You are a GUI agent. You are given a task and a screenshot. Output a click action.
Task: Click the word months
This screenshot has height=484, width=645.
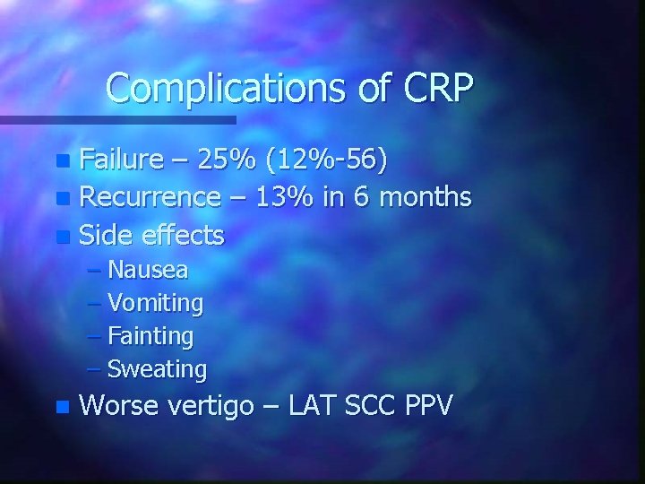[x=426, y=197]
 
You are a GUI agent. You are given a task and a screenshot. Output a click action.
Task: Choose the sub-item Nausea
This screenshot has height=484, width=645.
[x=148, y=270]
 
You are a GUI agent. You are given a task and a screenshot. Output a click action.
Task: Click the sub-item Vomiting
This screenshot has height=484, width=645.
[x=155, y=303]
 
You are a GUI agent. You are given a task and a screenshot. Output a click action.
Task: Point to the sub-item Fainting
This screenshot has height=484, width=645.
[x=150, y=336]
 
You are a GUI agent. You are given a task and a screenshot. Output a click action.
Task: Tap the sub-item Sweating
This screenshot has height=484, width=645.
[x=157, y=369]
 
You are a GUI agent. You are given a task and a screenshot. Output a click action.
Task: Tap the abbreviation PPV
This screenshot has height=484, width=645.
[x=429, y=405]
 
